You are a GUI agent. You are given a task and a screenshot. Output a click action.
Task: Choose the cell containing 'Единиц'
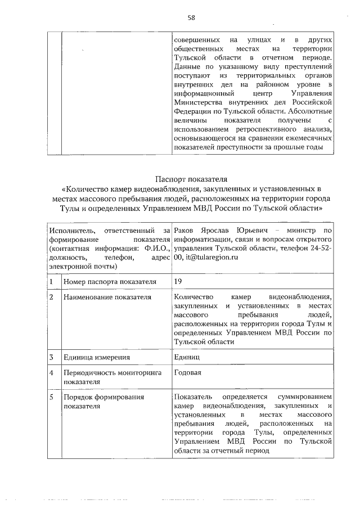pos(186,357)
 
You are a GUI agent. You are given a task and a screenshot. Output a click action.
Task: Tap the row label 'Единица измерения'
pos(96,357)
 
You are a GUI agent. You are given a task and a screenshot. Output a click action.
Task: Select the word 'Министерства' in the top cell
pos(199,103)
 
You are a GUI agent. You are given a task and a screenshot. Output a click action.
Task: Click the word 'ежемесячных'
pos(309,139)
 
